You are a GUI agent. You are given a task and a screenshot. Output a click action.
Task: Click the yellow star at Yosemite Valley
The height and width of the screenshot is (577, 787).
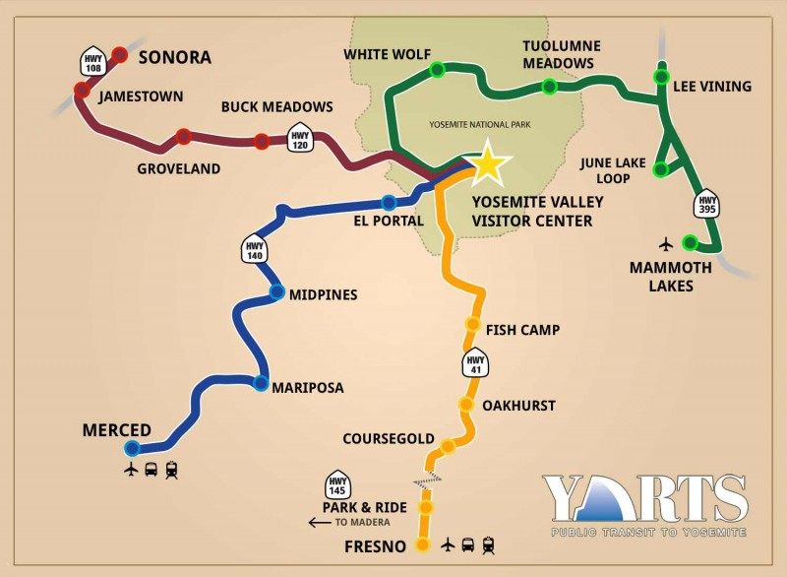coord(488,164)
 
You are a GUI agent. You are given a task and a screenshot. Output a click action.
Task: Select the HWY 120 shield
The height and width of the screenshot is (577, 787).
coord(301,139)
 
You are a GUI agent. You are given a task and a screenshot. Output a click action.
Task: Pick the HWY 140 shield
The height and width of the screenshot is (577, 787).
coord(255,248)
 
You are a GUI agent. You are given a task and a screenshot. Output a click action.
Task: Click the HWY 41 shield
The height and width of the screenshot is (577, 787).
coord(475,366)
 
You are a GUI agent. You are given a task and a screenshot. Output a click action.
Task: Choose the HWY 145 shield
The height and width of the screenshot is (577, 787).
coord(337,483)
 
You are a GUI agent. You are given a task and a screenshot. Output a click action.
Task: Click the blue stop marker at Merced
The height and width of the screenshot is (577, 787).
coord(133,448)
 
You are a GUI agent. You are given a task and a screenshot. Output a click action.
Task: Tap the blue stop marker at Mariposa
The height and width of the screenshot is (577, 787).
coord(261,383)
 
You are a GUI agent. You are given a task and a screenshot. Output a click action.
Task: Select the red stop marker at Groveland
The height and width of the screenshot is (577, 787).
coord(183,136)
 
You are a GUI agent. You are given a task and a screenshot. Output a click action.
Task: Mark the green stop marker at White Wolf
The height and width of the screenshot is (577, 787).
coord(437,69)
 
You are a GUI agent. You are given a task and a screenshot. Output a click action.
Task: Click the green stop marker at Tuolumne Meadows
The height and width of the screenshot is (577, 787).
coord(550,87)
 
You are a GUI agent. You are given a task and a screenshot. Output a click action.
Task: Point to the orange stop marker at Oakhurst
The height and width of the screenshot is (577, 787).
coord(466,404)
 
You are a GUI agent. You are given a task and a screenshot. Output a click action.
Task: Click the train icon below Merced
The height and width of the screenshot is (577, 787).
coord(172,471)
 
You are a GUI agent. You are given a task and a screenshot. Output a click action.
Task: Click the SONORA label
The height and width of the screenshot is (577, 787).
coord(174,57)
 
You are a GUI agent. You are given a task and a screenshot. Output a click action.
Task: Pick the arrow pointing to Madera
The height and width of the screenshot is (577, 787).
coord(320,522)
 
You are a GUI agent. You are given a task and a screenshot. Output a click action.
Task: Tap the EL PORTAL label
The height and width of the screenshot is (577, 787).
coord(389,221)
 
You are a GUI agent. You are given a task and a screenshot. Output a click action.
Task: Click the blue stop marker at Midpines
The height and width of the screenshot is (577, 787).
coord(277,292)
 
